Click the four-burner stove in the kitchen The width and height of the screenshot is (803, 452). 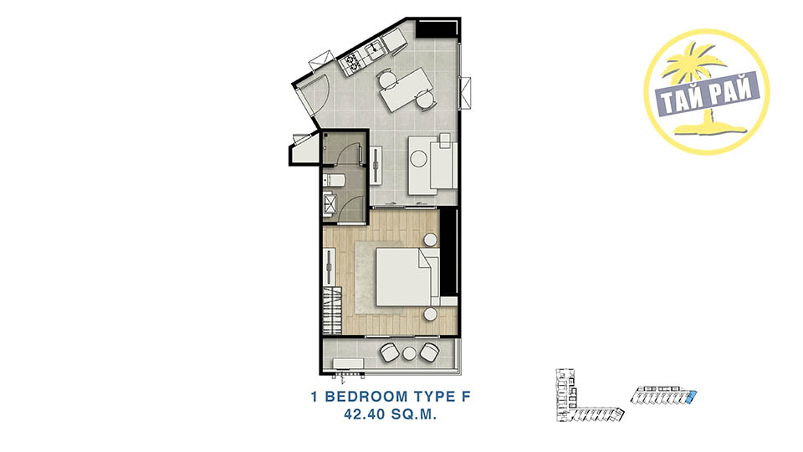click(x=353, y=63)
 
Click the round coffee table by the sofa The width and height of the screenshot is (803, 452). click(x=419, y=159)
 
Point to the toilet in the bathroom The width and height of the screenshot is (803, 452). click(x=334, y=181)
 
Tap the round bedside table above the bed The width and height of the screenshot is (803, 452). click(x=431, y=239)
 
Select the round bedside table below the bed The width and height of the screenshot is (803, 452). click(x=431, y=314)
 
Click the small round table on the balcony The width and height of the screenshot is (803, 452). click(x=410, y=353)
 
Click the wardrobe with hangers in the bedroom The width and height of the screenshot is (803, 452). click(x=332, y=311)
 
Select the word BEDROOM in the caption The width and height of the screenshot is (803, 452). click(x=366, y=396)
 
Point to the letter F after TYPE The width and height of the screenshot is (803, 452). click(x=465, y=396)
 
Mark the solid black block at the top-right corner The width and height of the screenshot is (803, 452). click(x=437, y=28)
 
